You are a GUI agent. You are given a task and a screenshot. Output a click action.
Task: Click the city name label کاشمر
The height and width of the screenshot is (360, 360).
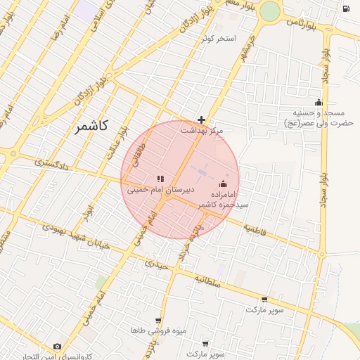coord(90,126)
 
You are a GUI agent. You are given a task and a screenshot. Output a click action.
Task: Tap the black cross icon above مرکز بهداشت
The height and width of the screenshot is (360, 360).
coord(202,120)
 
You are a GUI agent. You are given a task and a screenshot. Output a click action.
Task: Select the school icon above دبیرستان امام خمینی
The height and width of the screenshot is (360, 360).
coord(160,178)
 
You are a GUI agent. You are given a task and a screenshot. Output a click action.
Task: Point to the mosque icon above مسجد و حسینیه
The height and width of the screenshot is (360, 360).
coord(319,102)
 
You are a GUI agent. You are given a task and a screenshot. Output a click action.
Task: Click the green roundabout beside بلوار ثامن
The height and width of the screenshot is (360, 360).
coord(269,11)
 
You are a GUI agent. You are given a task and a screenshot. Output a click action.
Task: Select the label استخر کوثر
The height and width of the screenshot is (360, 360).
coord(219,37)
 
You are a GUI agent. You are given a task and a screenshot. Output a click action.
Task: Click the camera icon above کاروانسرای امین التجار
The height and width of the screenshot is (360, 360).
coord(57,346)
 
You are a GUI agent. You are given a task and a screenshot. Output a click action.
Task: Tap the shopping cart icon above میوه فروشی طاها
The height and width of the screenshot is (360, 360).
coord(158,320)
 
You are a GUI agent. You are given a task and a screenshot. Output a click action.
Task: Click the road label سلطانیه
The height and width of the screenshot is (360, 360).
coord(208,281)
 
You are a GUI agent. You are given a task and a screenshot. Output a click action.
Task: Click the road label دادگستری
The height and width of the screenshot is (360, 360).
coord(52,163)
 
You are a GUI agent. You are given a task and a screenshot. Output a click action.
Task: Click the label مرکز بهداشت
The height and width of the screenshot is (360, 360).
coord(202,131)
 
